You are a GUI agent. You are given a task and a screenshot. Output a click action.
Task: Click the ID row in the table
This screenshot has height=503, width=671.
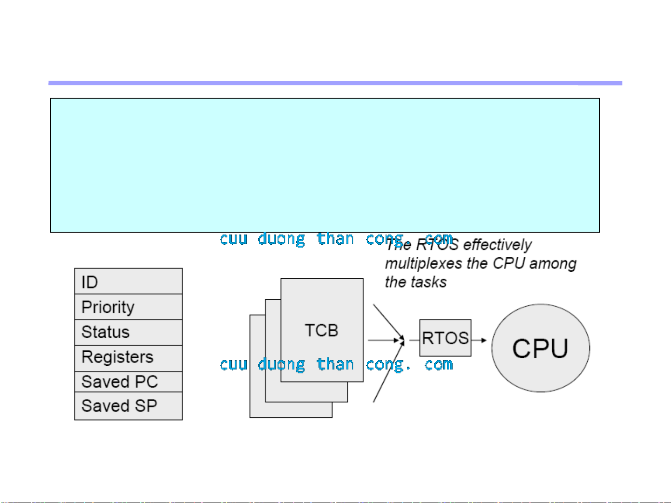[x=128, y=282]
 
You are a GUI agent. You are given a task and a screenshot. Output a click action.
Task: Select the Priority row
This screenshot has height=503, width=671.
[x=128, y=307]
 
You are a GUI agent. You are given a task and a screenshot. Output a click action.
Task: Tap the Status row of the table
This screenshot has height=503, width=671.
[x=128, y=332]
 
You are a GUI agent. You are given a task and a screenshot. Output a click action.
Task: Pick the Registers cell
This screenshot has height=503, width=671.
[x=128, y=357]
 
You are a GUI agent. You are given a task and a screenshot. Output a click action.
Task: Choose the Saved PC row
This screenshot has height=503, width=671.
[x=128, y=382]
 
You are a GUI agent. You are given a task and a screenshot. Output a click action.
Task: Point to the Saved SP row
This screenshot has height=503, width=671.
[x=128, y=406]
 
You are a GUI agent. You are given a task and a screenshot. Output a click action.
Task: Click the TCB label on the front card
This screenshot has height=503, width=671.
[x=321, y=330]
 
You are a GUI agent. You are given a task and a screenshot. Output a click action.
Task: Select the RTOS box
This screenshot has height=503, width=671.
[x=445, y=338]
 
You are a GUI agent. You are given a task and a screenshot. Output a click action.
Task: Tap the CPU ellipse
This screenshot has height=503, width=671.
[x=541, y=348]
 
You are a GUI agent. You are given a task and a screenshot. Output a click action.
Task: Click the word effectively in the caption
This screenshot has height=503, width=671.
[x=497, y=245]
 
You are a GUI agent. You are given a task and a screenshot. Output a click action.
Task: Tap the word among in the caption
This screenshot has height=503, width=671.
[x=553, y=264]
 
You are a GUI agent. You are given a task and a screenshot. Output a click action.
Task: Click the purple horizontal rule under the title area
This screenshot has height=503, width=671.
[x=335, y=83]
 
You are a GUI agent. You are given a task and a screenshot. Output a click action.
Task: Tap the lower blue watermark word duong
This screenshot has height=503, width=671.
[x=281, y=364]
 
